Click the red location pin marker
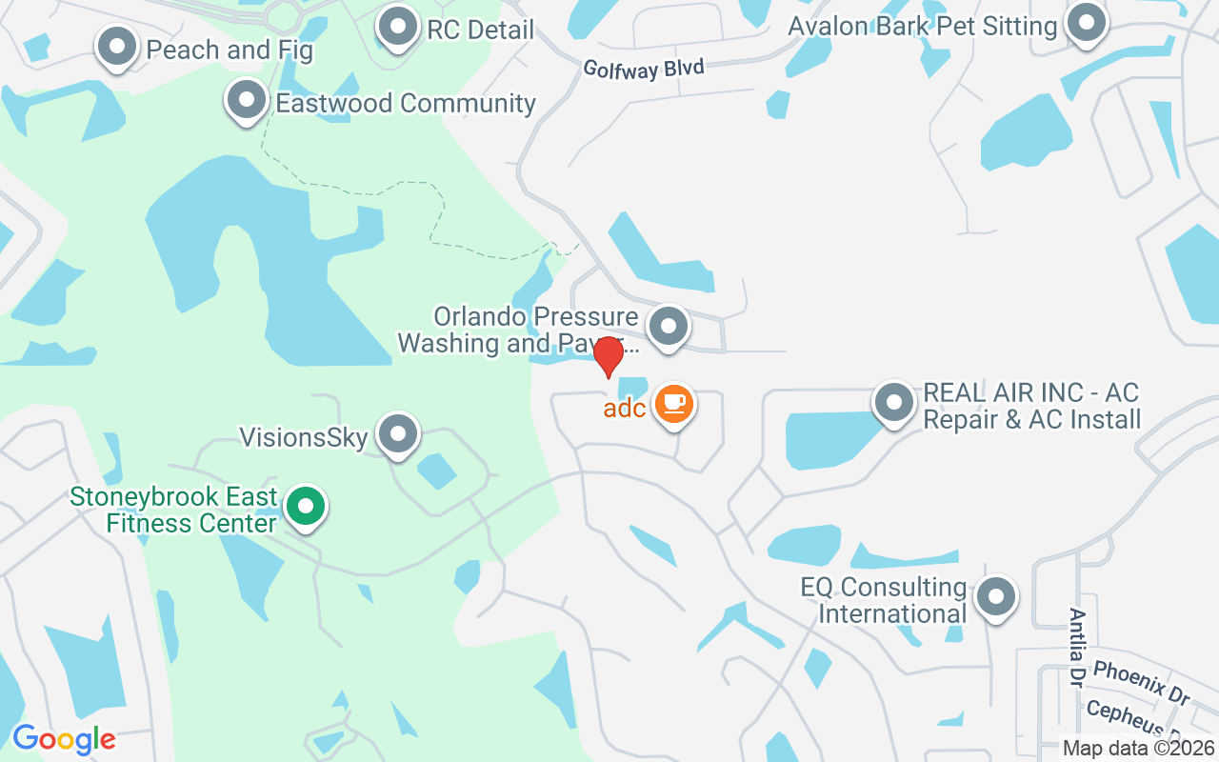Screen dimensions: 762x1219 click(x=608, y=355)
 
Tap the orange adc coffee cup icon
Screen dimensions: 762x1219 click(x=674, y=403)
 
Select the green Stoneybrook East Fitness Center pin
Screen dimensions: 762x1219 click(x=306, y=506)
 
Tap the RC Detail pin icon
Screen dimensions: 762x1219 click(x=398, y=27)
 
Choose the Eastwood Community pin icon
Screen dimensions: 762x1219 click(x=247, y=99)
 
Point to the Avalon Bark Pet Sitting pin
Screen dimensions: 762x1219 click(x=1085, y=23)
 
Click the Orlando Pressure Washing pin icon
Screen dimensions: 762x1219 click(x=668, y=326)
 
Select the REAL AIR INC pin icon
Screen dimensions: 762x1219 click(x=893, y=402)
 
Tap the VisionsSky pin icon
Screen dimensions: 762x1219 click(x=397, y=434)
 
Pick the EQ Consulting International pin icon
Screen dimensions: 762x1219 click(x=996, y=597)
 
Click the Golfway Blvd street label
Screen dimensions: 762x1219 click(x=644, y=69)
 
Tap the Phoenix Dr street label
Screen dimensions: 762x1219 click(x=1141, y=681)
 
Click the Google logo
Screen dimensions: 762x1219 click(x=64, y=738)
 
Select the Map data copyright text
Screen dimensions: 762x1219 click(x=1139, y=748)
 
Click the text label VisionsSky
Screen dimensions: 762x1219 click(x=303, y=438)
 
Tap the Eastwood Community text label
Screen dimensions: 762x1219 click(x=406, y=103)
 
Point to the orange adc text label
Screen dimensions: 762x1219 click(x=625, y=409)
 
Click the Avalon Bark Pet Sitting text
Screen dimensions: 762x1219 click(x=922, y=26)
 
